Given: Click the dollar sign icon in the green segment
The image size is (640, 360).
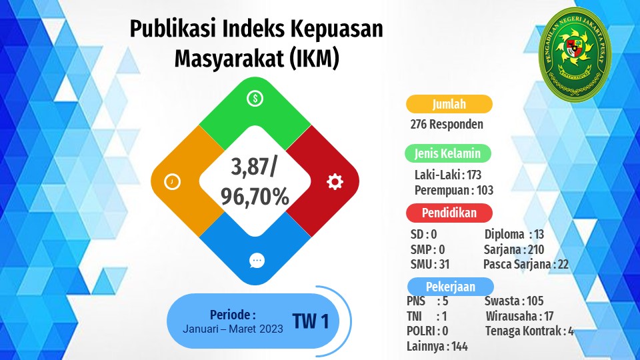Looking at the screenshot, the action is (255, 99).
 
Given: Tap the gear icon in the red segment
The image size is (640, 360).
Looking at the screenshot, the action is (335, 181).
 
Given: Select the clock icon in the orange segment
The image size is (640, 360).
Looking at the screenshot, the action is (172, 181).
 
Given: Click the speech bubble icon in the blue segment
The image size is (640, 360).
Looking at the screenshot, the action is (257, 261).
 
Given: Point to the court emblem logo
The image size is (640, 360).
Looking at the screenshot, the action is (575, 53).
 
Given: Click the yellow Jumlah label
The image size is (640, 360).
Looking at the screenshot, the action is (449, 104).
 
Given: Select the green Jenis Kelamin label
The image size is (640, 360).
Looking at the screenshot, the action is (448, 153).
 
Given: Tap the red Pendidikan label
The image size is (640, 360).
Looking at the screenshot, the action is (449, 213).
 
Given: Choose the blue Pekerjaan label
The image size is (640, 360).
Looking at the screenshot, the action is (451, 287).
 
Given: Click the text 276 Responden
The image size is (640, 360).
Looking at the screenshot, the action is (447, 124).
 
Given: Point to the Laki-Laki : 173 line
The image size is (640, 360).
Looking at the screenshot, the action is (448, 175).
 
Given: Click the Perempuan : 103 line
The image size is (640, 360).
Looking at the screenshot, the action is (454, 191).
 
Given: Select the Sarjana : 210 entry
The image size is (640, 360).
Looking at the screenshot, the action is (514, 249).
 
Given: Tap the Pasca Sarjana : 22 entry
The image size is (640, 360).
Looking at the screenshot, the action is (526, 265).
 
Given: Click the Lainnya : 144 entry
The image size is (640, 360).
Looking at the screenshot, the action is (437, 347).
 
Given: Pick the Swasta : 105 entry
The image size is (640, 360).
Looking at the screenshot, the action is (514, 301).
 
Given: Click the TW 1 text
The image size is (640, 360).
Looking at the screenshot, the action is (311, 321).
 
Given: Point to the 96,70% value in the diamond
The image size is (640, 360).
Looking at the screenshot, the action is (255, 196).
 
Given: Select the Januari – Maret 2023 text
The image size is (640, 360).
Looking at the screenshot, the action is (233, 329).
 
